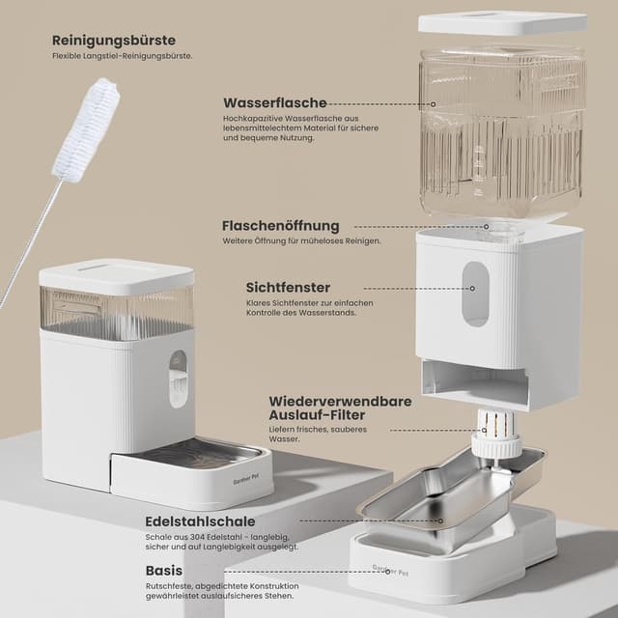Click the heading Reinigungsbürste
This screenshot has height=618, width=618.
(114, 41)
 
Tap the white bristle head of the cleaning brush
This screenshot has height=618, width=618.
(86, 131)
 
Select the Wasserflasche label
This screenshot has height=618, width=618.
(275, 103)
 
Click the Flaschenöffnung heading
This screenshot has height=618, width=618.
(281, 226)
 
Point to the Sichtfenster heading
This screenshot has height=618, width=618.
(288, 288)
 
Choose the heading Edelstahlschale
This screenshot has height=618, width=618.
(200, 520)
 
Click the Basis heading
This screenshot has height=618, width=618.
(164, 570)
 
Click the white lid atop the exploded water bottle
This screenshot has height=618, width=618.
(502, 22)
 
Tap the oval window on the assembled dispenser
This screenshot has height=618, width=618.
(177, 378)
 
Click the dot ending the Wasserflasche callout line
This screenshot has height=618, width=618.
(434, 103)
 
